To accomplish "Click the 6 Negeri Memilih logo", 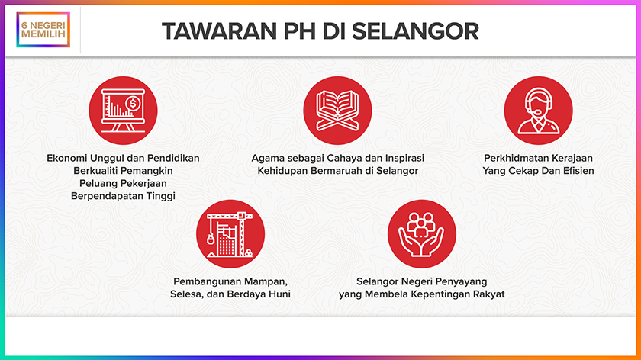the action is pos(43,30).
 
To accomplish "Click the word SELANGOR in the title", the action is pos(415,31).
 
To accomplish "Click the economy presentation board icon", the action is pos(123,111).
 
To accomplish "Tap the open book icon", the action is pos(337,111).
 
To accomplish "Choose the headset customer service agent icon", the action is pos(538,111).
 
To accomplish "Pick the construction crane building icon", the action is pos(230,234).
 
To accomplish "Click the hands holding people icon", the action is pos(421,234).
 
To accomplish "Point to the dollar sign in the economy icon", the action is pos(133,104).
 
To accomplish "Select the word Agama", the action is pos(265,159).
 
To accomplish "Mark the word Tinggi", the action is pos(161,196).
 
